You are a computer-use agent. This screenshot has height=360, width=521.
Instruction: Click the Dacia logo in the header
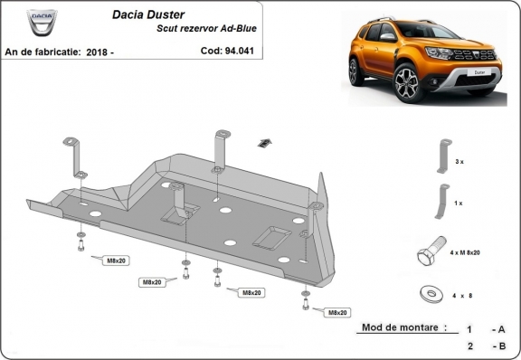pyautogui.click(x=42, y=20)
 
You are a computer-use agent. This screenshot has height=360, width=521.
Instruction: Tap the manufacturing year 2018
pyautogui.click(x=99, y=52)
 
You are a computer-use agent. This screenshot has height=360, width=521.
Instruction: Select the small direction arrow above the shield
pyautogui.click(x=265, y=141)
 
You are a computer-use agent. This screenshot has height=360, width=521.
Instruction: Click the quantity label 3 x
pyautogui.click(x=460, y=161)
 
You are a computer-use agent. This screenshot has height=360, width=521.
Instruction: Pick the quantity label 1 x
pyautogui.click(x=460, y=204)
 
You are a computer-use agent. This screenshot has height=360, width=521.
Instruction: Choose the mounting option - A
pyautogui.click(x=498, y=329)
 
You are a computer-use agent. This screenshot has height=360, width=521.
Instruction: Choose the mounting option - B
pyautogui.click(x=498, y=346)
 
